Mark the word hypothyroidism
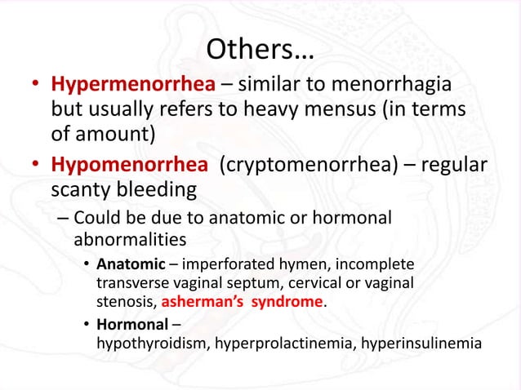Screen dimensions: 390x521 tap(153, 343)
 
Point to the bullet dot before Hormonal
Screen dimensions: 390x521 tap(87, 325)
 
